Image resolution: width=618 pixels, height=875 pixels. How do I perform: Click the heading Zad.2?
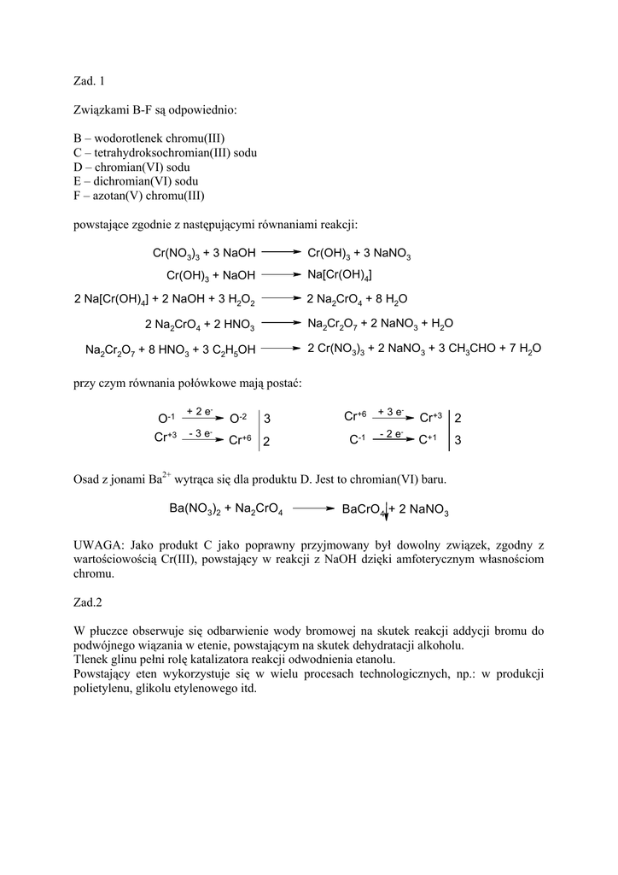[x=88, y=602]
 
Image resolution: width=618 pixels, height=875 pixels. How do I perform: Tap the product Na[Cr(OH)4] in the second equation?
[x=339, y=274]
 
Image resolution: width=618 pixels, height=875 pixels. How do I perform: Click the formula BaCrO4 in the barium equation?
[x=363, y=510]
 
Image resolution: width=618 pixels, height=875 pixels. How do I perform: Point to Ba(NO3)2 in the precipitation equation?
[x=195, y=509]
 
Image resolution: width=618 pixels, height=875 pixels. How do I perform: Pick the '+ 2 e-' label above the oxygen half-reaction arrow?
[x=201, y=411]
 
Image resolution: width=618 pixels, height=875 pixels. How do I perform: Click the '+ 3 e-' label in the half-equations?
[x=391, y=411]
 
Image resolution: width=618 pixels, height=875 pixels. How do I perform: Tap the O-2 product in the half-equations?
[x=238, y=419]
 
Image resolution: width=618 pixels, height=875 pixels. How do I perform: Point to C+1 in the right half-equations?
[x=428, y=440]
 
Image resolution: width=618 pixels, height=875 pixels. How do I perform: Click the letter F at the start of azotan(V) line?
[x=77, y=196]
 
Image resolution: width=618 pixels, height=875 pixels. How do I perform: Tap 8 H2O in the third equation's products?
[x=392, y=299]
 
